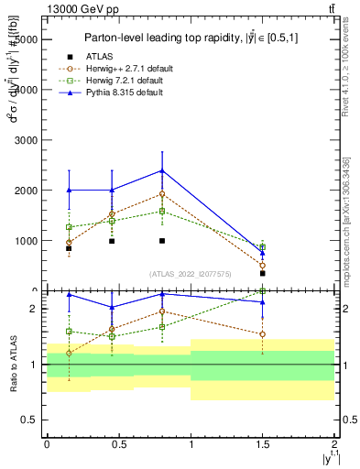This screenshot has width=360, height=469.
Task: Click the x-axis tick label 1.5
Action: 263,442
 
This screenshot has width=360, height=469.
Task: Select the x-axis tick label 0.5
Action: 118,442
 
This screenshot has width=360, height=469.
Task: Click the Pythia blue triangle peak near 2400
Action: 162,170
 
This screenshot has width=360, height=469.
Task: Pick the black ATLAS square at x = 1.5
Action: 263,273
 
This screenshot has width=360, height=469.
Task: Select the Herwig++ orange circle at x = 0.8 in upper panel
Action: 162,194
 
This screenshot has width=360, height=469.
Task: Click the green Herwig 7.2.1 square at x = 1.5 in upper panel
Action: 263,247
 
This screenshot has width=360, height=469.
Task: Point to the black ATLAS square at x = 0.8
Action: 162,241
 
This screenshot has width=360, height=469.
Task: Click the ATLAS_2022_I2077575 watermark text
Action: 191,273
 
